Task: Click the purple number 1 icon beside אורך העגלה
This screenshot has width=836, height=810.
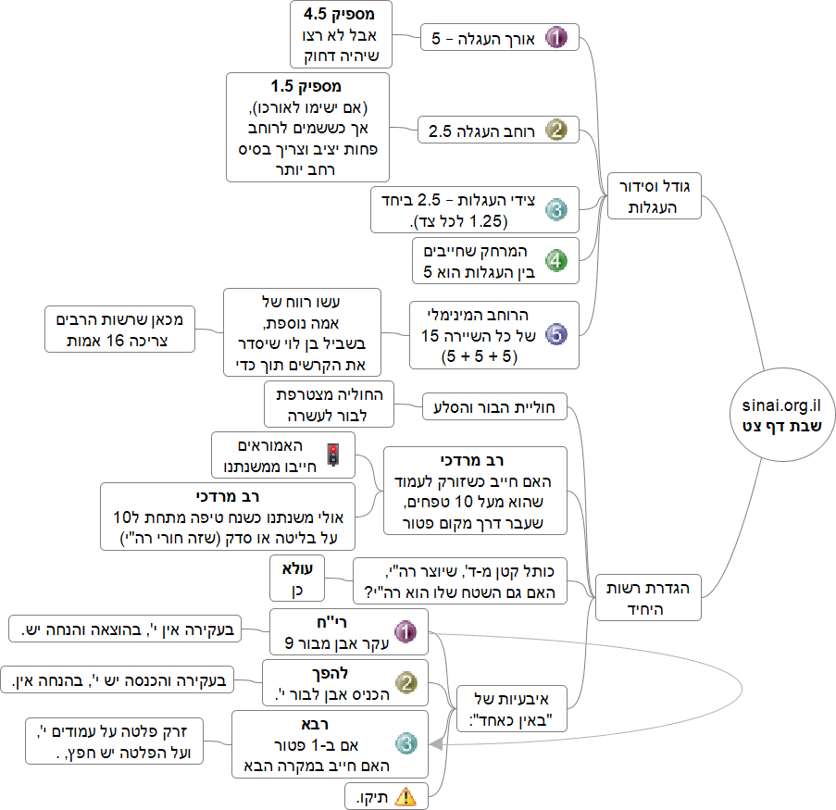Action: [555, 38]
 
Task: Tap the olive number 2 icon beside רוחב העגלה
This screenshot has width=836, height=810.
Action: [555, 131]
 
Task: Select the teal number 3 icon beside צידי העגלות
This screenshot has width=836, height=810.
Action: [555, 210]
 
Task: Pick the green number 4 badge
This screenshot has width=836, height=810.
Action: [555, 261]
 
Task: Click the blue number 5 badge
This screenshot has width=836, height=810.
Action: [555, 334]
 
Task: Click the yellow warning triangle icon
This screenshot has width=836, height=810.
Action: [405, 795]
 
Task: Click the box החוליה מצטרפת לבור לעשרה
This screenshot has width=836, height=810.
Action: [329, 404]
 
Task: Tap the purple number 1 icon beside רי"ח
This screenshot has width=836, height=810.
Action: [406, 632]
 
